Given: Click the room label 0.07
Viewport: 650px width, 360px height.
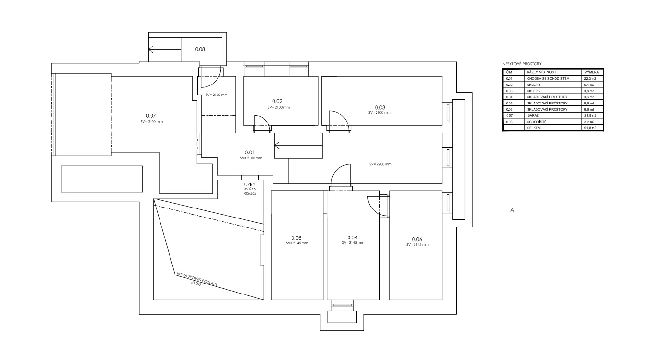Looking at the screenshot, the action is pos(151,116).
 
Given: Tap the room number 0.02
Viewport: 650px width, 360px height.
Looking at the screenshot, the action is pos(277,101).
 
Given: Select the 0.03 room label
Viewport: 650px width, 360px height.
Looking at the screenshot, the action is pos(380,107).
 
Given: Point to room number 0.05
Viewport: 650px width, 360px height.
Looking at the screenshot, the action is pos(296,238).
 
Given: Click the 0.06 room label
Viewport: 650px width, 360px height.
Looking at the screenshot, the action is pos(417,239).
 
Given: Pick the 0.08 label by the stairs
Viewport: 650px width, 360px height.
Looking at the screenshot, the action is pos(200,49).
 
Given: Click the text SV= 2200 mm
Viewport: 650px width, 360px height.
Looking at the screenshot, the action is pos(380,164).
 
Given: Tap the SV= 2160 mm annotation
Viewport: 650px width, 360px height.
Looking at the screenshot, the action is pos(217,95).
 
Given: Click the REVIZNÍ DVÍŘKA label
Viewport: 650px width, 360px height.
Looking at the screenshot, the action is pos(250,186).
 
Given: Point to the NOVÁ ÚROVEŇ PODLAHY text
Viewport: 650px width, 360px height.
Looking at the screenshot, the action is pos(197,279).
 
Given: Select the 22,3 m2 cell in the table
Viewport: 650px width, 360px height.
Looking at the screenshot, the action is pos(590,79).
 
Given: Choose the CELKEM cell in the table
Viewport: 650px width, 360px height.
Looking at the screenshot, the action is pos(534,128).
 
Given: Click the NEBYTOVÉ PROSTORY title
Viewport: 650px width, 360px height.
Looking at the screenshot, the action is pos(522,64).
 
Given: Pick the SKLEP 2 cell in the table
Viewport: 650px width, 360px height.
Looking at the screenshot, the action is pos(534,91).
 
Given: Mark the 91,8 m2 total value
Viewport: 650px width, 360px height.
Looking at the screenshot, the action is pos(590,128).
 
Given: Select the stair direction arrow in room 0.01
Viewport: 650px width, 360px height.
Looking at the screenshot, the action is pos(298,145).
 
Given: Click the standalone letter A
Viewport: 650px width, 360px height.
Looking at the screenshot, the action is pos(512,210).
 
